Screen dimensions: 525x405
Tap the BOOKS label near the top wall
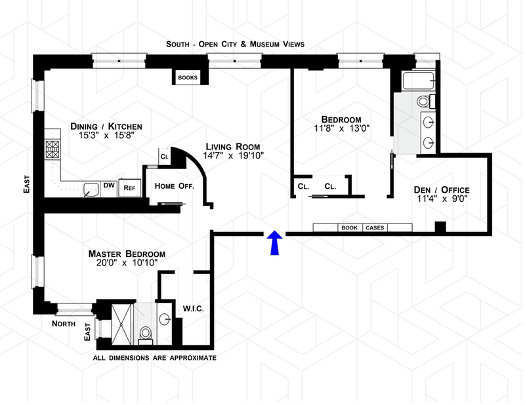[188, 77]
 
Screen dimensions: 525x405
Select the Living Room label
[232, 146]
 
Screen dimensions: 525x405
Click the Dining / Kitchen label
[106, 126]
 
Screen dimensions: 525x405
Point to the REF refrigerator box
[129, 187]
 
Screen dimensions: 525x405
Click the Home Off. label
[175, 186]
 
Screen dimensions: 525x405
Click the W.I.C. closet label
[192, 307]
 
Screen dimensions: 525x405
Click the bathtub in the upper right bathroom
[417, 82]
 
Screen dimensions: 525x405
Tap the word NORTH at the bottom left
[64, 324]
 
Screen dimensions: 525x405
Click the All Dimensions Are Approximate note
[155, 358]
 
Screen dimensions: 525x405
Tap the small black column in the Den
[441, 227]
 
